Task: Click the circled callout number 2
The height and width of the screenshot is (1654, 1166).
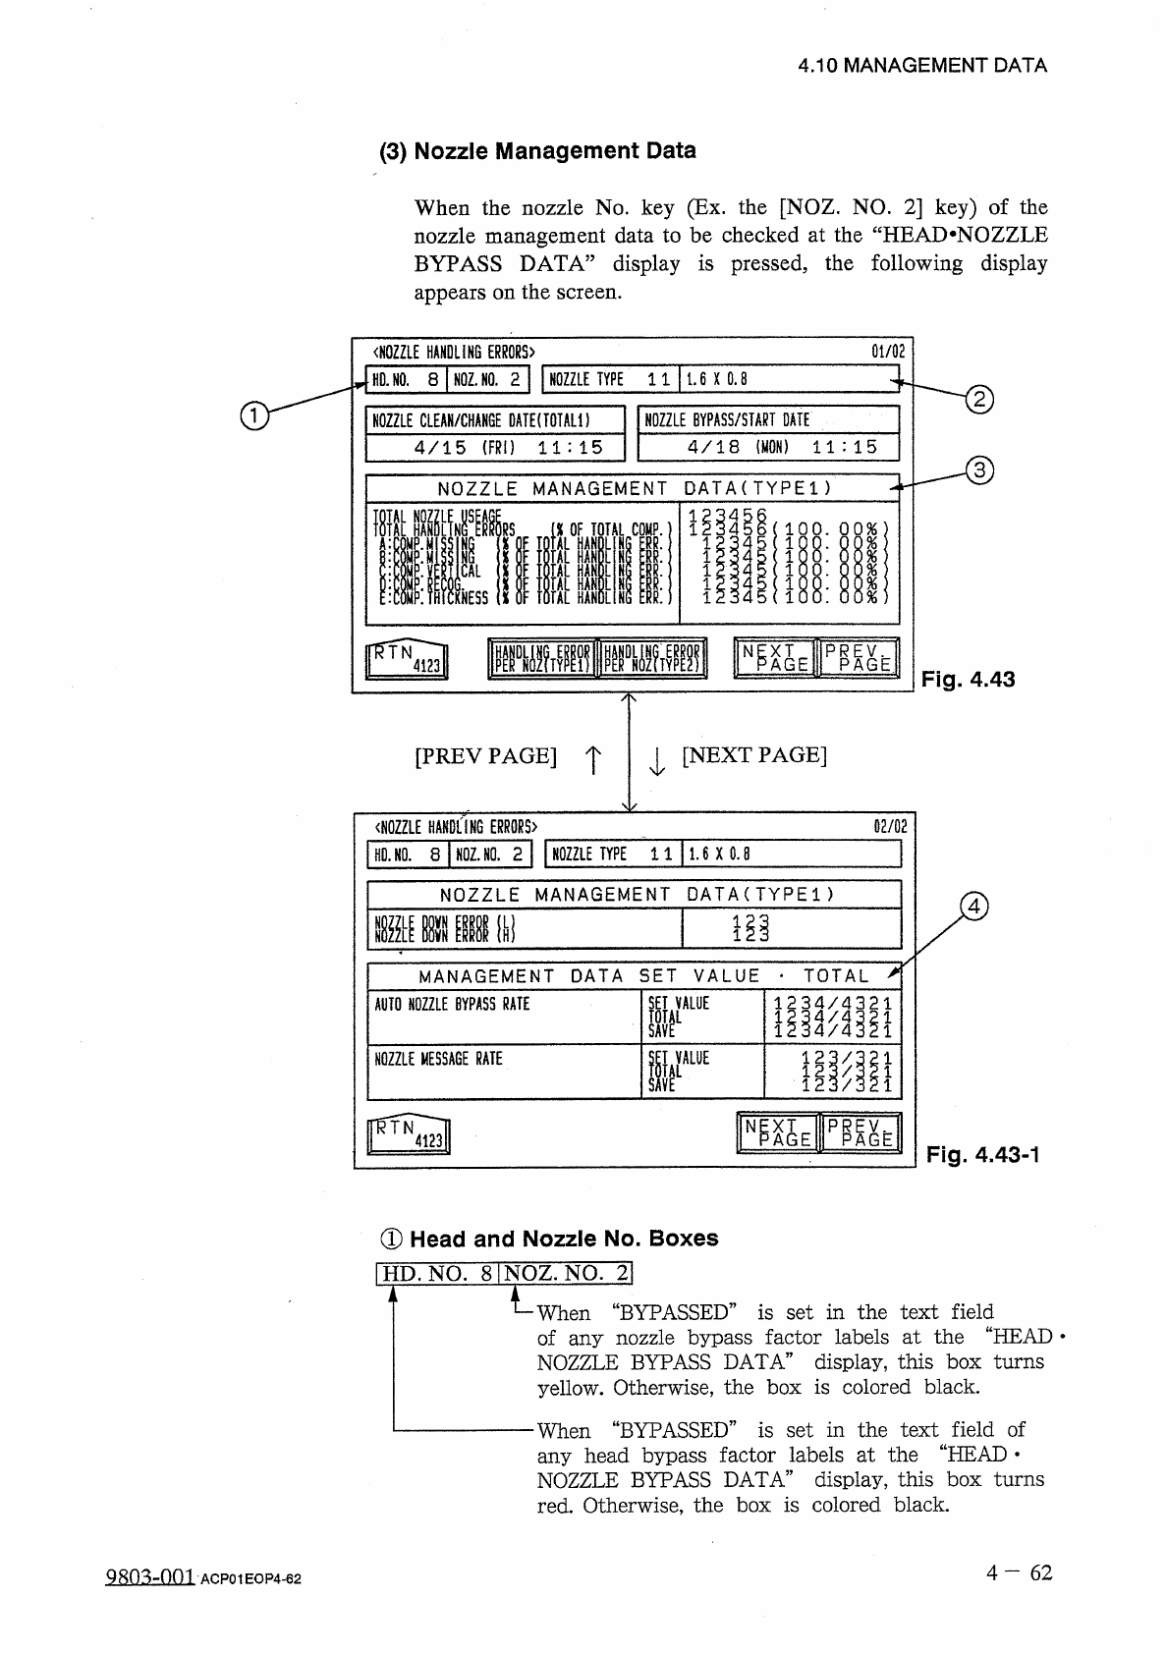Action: click(980, 399)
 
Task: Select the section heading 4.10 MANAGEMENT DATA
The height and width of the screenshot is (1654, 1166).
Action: click(922, 66)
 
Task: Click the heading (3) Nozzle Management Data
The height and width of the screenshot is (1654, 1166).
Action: click(538, 151)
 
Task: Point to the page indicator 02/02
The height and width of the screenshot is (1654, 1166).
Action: click(890, 826)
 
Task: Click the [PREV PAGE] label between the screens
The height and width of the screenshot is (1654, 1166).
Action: click(486, 756)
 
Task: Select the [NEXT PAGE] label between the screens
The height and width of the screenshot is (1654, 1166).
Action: click(754, 755)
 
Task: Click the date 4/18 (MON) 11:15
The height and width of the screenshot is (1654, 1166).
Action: click(769, 447)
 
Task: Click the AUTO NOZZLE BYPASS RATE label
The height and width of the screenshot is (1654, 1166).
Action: click(453, 1004)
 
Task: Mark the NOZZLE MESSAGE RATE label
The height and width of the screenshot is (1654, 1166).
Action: click(439, 1059)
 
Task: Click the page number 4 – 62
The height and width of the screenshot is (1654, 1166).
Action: click(1020, 1572)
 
